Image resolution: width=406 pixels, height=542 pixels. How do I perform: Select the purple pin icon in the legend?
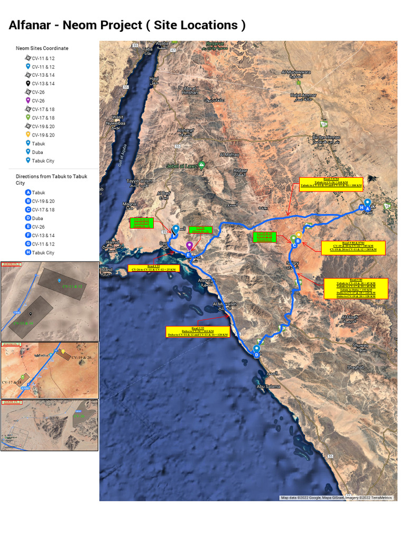click(x=28, y=101)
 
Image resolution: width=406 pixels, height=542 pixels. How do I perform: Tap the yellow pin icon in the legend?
click(x=28, y=134)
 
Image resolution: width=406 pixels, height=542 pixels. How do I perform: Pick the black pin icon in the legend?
click(x=28, y=83)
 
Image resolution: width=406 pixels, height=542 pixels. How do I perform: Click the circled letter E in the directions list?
click(x=28, y=227)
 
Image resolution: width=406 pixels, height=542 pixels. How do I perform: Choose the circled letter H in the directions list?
click(x=28, y=252)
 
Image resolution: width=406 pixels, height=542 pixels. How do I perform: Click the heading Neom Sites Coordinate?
click(x=42, y=48)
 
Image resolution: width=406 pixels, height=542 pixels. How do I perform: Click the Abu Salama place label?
click(x=267, y=386)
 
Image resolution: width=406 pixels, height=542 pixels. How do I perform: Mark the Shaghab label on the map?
click(x=355, y=367)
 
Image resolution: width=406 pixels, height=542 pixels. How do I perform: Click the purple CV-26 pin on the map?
click(x=189, y=246)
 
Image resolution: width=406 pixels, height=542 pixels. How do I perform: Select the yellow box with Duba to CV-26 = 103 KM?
click(x=198, y=333)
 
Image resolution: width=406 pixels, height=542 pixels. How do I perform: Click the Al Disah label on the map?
click(x=349, y=318)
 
